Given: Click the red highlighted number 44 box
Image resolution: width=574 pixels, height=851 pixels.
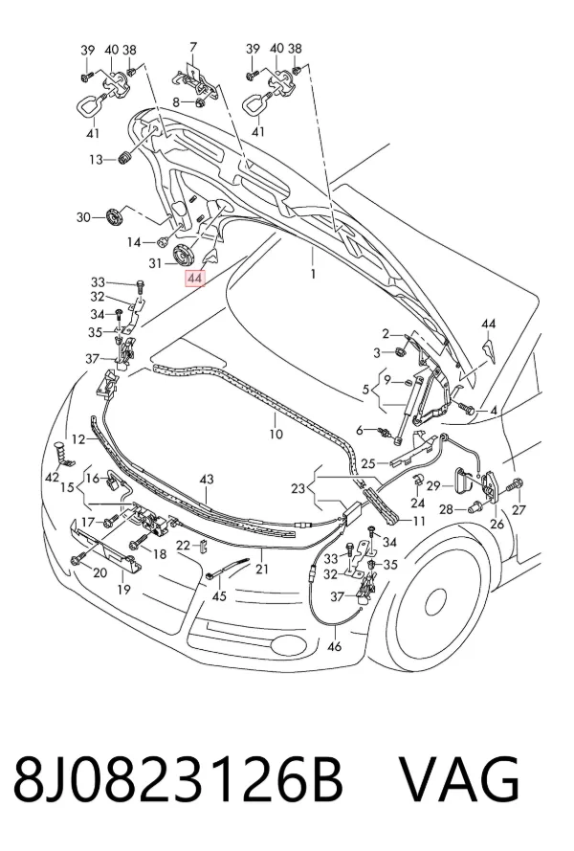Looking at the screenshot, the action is (195, 279).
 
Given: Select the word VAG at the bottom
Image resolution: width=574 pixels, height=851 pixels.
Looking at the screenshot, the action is (459, 779).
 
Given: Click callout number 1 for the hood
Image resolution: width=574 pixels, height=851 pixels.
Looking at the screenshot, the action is (313, 274).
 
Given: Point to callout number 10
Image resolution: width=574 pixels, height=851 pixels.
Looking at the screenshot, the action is (276, 434).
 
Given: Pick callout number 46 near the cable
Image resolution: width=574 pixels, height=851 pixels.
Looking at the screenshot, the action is (335, 646).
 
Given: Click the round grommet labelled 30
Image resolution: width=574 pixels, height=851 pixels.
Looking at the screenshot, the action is (115, 217).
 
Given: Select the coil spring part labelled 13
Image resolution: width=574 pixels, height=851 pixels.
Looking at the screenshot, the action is (126, 159).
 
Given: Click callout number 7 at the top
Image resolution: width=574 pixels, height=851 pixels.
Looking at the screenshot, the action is (193, 47).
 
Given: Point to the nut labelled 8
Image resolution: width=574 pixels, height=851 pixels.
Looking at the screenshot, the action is (200, 102).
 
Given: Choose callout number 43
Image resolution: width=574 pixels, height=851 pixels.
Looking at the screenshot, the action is (207, 480).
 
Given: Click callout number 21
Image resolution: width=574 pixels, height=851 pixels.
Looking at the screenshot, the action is (262, 569).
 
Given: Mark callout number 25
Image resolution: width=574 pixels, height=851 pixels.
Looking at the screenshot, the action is (368, 464).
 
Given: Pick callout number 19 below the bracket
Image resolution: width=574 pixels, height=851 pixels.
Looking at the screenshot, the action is (123, 589).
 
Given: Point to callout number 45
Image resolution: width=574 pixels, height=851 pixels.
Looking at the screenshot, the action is (219, 596).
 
